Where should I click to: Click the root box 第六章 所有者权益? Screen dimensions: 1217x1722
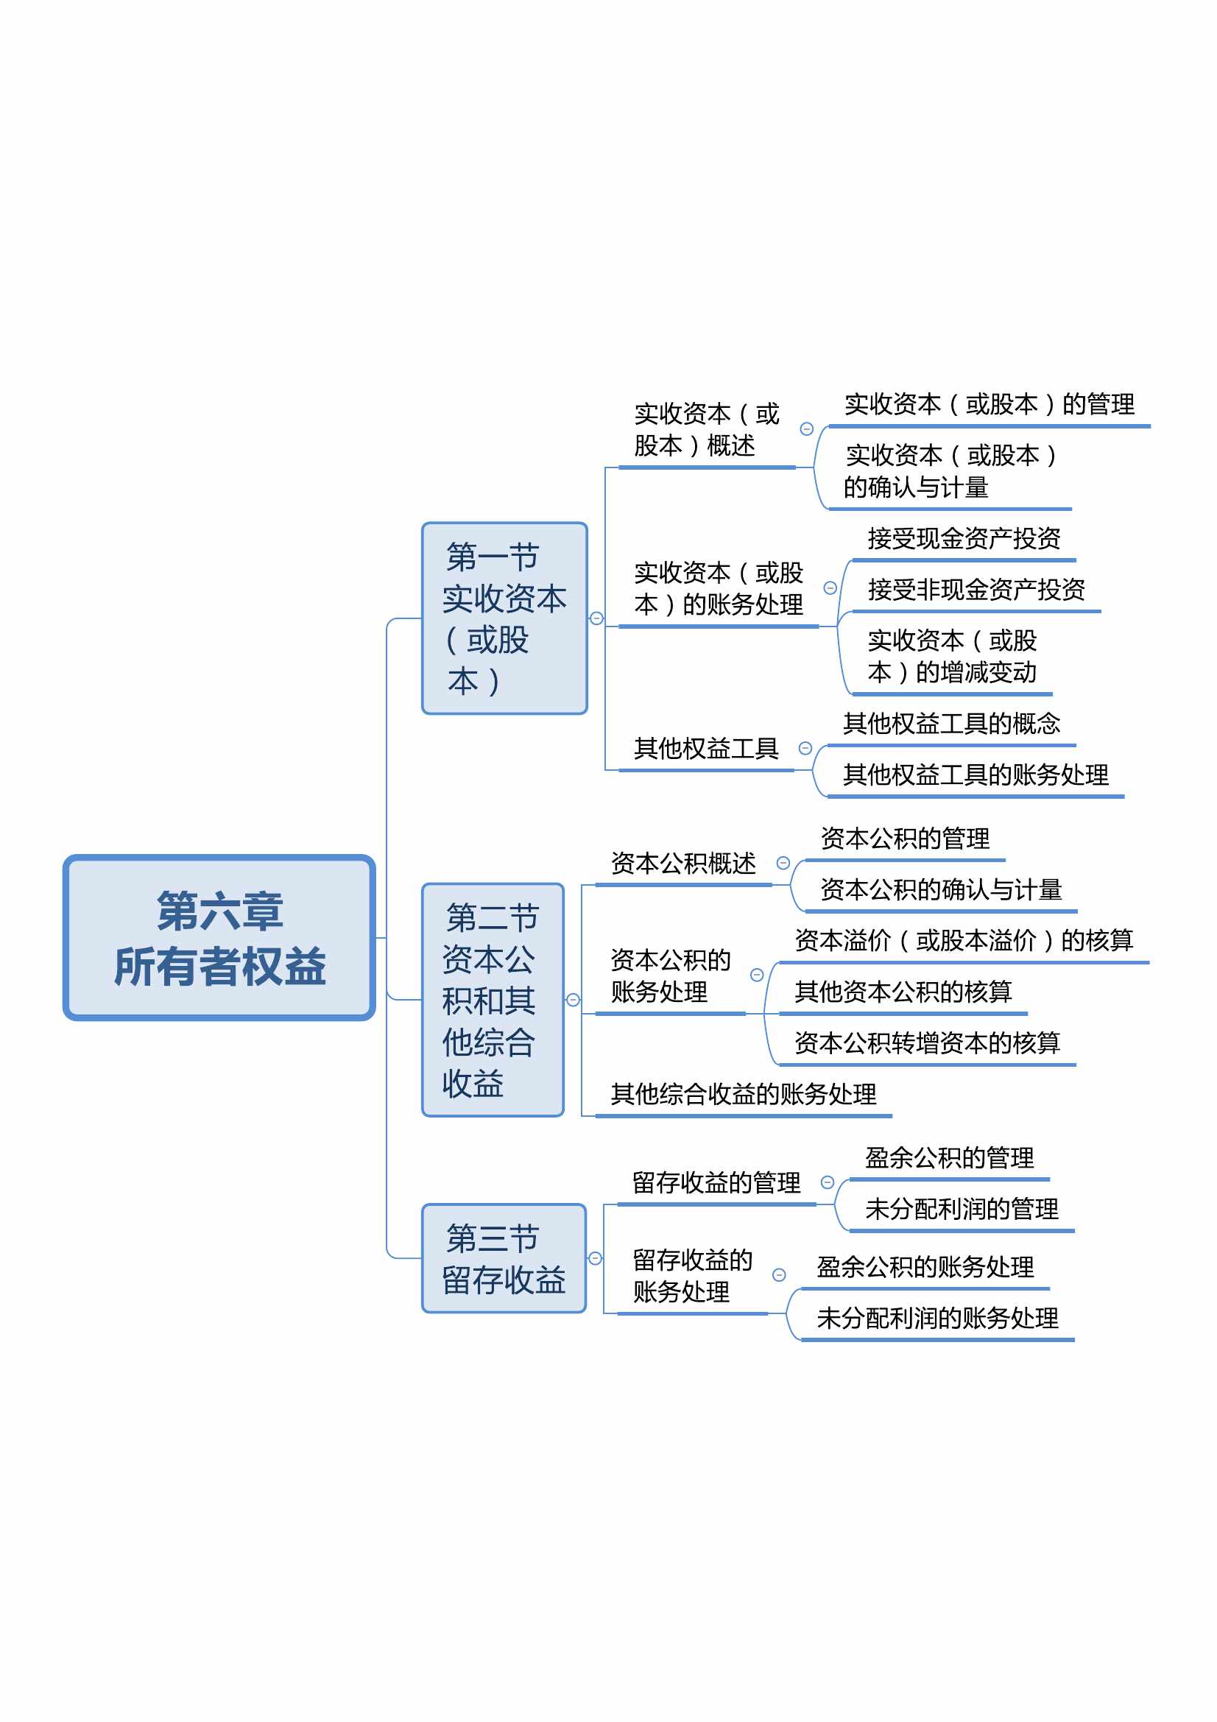pos(219,937)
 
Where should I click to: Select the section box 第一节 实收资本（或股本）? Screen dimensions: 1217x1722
pos(504,618)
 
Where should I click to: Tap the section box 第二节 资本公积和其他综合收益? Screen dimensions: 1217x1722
pos(493,1000)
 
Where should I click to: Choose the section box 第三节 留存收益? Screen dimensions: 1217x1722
pos(504,1258)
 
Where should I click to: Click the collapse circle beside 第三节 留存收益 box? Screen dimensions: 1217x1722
pos(596,1258)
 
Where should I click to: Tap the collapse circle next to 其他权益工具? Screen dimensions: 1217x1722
pos(805,749)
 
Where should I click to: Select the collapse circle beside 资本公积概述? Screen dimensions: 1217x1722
pos(783,864)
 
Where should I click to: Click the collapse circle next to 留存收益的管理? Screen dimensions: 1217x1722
pos(827,1183)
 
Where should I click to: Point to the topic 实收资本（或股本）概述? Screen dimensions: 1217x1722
pos(707,430)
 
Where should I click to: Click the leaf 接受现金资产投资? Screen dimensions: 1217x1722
pos(964,537)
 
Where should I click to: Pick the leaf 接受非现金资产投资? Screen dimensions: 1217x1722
pos(976,590)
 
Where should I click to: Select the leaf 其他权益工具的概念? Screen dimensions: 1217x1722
pos(951,724)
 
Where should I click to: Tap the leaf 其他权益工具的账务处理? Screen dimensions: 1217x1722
pos(976,774)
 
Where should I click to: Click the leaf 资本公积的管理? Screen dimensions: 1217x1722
pos(905,839)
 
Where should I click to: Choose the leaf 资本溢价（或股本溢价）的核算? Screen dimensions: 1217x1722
pos(964,939)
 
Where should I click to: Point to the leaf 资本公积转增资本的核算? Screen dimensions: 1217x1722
pos(928,1042)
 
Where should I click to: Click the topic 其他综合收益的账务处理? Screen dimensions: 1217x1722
pos(743,1094)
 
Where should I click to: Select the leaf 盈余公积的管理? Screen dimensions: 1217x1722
pos(949,1158)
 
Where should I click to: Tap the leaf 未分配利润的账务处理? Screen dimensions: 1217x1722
pos(937,1318)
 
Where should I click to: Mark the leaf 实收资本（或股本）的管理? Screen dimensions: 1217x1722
pos(990,404)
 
